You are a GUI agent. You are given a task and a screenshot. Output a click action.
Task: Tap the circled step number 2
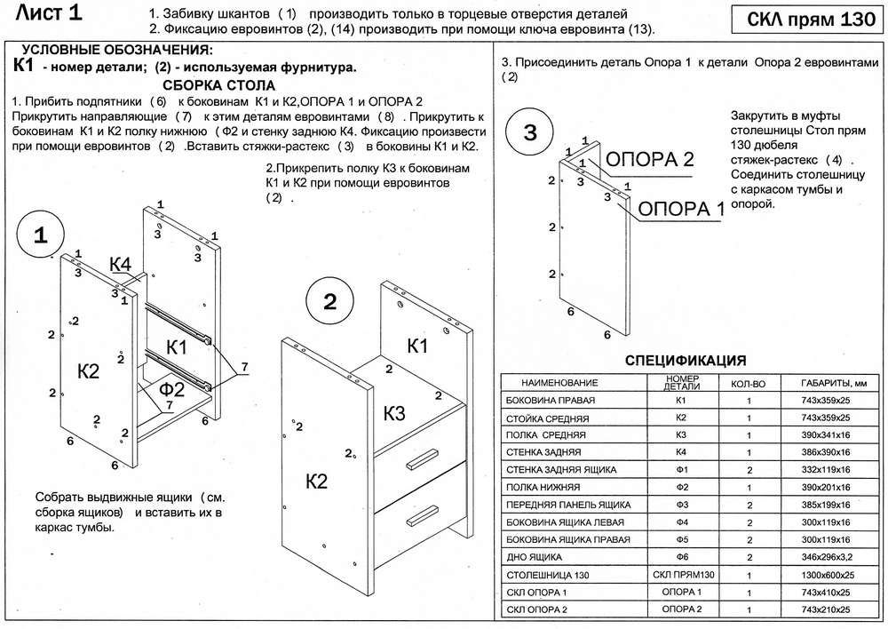point(329,302)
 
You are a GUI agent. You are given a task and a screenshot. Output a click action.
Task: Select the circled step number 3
point(529,133)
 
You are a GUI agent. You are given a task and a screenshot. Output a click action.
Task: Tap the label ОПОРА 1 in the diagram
point(682,210)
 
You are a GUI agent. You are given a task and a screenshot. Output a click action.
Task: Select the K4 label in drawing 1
point(121,264)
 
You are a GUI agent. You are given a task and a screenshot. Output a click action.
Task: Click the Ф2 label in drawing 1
point(171,388)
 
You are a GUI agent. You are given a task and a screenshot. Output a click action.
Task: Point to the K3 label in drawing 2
point(394,413)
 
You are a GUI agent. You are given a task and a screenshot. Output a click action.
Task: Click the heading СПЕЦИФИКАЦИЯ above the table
point(686,361)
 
